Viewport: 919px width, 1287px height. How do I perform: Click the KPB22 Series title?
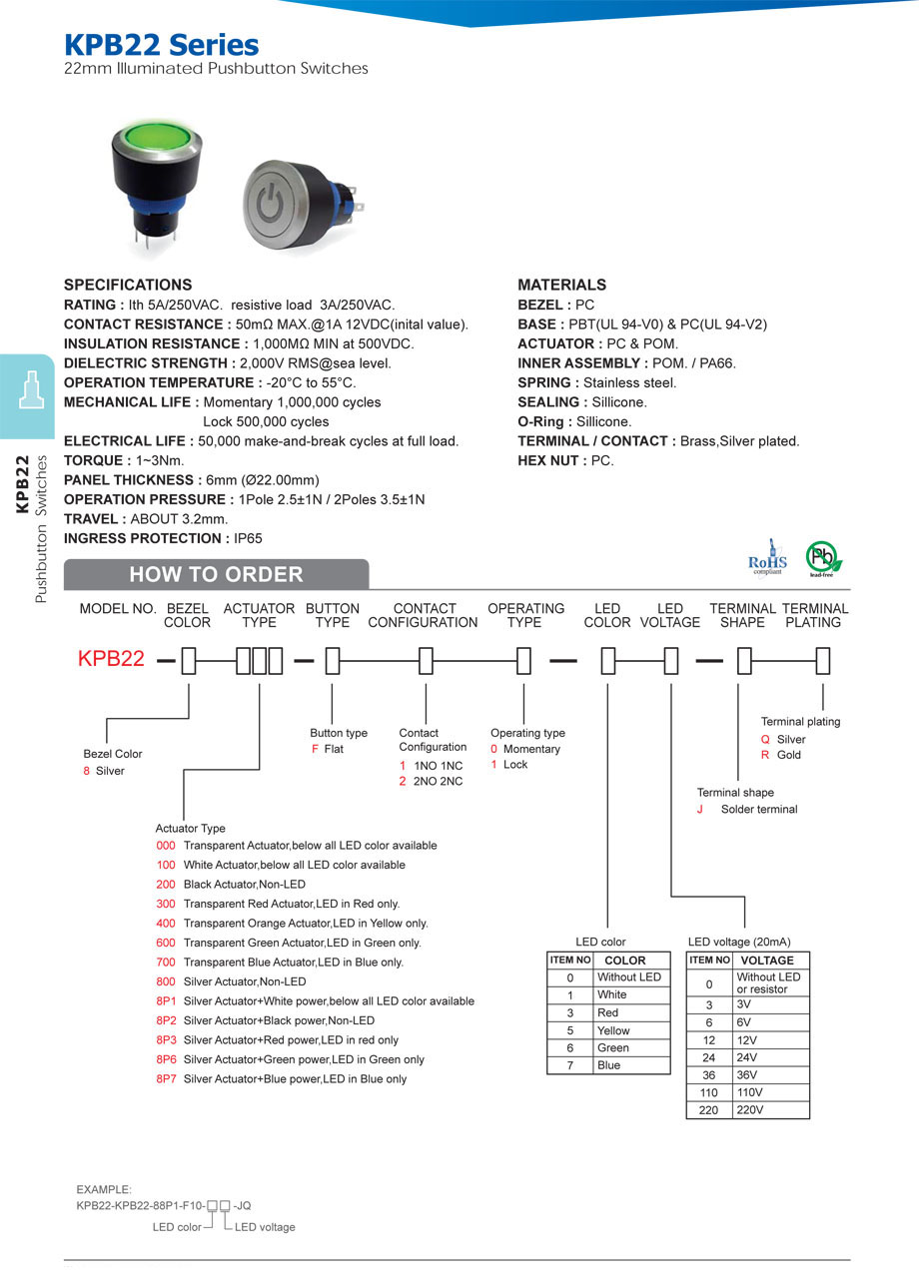click(161, 45)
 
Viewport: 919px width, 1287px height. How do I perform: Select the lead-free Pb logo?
click(823, 557)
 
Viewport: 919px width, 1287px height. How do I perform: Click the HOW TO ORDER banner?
click(216, 574)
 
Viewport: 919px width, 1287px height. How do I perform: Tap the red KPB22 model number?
click(111, 659)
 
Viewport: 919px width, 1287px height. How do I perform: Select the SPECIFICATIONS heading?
click(128, 285)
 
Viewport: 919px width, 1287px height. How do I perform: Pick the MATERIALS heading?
click(561, 285)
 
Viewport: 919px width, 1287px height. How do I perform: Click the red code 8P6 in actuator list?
click(166, 1059)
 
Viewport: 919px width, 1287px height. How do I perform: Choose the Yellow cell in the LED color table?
click(613, 1030)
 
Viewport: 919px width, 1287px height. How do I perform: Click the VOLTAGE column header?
click(767, 961)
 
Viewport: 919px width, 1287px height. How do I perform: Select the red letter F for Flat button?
click(315, 749)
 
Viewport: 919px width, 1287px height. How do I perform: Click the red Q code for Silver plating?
click(765, 740)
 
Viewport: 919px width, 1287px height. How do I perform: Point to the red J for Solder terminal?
click(700, 810)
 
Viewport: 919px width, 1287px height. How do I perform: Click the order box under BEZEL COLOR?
click(188, 660)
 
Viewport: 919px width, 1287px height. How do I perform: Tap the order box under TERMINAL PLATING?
click(823, 660)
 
